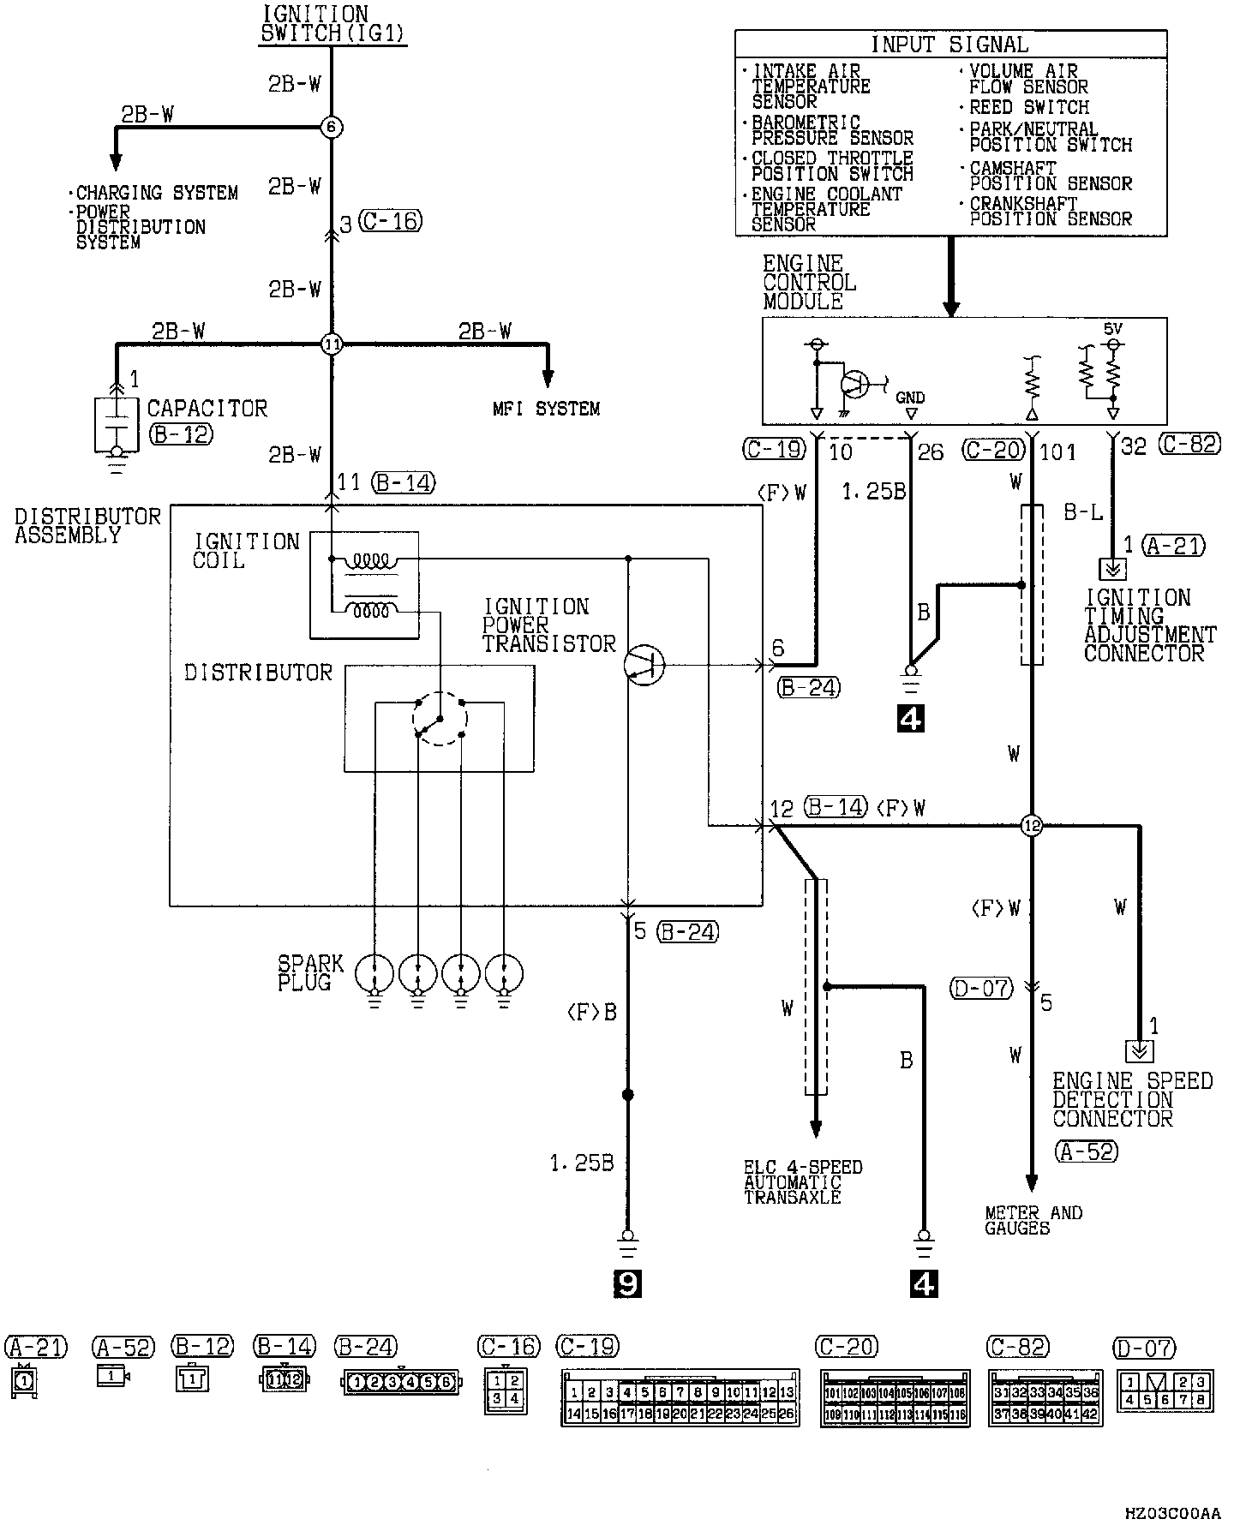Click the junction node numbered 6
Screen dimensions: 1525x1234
[332, 128]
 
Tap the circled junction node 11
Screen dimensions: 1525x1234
[332, 345]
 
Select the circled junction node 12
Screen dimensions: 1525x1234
[1031, 827]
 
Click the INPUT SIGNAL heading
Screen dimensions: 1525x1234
[949, 45]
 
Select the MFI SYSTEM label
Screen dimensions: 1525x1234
[546, 410]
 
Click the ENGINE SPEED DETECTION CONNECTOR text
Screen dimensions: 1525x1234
[1132, 1100]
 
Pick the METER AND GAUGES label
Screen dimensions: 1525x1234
[1033, 1220]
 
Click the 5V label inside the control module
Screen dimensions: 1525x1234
[1111, 329]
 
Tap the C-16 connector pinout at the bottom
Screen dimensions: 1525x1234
[506, 1390]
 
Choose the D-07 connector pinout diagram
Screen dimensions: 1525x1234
[1165, 1390]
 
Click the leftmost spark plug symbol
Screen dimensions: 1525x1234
[374, 973]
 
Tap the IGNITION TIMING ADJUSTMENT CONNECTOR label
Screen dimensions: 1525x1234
[1149, 625]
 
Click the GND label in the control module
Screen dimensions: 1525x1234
[910, 398]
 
